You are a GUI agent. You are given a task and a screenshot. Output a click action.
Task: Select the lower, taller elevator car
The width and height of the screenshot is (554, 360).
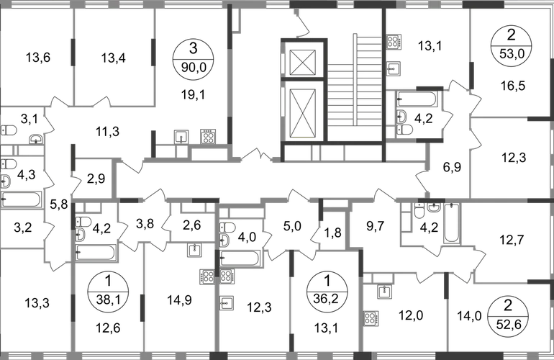(x=302, y=108)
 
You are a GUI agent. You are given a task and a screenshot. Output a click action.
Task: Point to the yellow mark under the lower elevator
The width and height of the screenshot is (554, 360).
(x=302, y=137)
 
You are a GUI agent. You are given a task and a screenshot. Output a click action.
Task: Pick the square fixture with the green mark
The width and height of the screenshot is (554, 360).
(x=193, y=250)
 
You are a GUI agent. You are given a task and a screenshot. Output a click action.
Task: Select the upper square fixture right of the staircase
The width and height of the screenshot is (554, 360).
(x=393, y=41)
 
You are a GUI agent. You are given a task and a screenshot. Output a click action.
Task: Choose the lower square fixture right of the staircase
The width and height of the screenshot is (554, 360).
(x=393, y=68)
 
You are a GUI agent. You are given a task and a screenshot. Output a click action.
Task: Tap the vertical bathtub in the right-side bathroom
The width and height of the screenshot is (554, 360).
(x=452, y=222)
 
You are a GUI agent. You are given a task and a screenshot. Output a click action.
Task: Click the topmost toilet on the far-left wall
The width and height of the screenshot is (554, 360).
(x=9, y=130)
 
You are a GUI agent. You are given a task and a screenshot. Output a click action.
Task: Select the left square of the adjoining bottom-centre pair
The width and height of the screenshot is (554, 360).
(x=209, y=276)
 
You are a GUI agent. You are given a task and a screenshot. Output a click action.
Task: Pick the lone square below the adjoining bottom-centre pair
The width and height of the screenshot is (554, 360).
(x=227, y=303)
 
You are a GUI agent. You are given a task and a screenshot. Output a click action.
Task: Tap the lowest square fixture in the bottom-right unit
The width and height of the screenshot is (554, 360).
(x=372, y=317)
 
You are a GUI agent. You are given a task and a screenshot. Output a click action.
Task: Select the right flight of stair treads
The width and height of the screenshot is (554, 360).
(x=368, y=79)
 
